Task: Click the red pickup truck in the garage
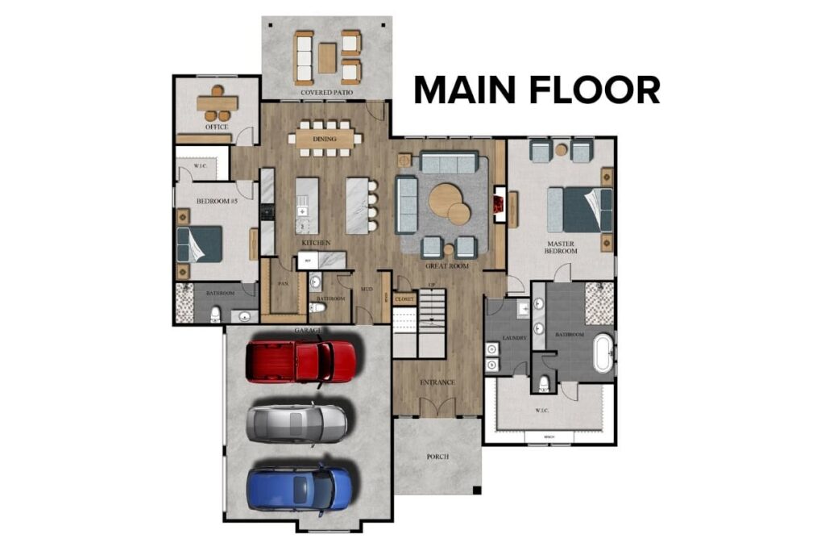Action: [301, 361]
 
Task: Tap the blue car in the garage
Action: [300, 487]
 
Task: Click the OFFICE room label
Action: [217, 127]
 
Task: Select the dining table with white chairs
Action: [325, 139]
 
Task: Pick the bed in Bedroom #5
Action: [199, 243]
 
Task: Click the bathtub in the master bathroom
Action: [603, 352]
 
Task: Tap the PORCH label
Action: [437, 457]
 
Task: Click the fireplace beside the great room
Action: [500, 205]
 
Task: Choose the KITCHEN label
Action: [316, 243]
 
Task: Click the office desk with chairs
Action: [217, 102]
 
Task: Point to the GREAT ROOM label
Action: [447, 265]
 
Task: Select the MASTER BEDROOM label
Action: [561, 247]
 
